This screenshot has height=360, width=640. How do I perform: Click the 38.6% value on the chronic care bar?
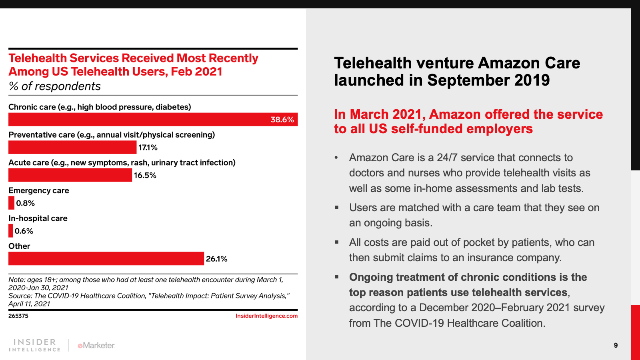(282, 120)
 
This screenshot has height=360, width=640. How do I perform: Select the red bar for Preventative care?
(72, 147)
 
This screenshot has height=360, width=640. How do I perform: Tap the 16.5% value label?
(145, 175)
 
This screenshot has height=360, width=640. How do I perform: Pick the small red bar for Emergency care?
(11, 203)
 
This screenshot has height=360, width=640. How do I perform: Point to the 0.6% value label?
(24, 231)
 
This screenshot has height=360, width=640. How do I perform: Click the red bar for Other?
(106, 258)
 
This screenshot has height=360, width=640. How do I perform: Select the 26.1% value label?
(216, 259)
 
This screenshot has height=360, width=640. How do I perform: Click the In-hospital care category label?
(38, 218)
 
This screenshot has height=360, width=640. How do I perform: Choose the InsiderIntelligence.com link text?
(266, 316)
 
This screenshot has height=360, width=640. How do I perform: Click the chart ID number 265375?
(18, 316)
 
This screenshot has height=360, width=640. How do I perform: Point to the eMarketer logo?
(96, 345)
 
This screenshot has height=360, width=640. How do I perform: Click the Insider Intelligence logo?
(35, 345)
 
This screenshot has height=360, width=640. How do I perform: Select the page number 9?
(616, 345)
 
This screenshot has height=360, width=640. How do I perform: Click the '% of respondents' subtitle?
(55, 86)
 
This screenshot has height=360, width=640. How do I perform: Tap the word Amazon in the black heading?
(505, 63)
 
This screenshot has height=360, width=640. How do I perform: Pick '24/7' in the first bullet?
(447, 158)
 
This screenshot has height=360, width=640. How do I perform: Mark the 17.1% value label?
(148, 148)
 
